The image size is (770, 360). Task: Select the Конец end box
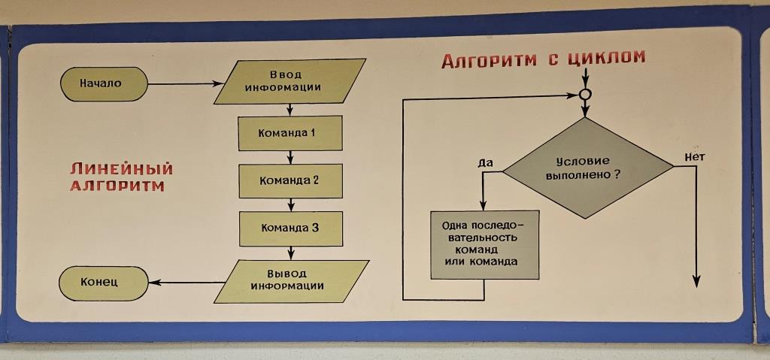click(104, 282)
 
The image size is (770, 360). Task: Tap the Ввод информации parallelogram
click(290, 81)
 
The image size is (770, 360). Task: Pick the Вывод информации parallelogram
click(291, 280)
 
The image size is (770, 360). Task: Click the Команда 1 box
click(290, 133)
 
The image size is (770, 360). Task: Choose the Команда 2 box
click(290, 180)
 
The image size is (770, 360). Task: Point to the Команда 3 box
click(290, 228)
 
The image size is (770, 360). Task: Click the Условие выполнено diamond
click(587, 168)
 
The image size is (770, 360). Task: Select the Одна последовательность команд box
click(484, 244)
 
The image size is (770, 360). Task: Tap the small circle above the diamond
click(585, 95)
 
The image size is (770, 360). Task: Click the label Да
click(485, 162)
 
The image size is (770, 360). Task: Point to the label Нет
click(694, 156)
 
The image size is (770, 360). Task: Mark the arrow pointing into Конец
click(188, 283)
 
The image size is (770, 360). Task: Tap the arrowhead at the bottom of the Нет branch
click(696, 280)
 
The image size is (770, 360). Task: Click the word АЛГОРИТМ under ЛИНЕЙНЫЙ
click(117, 185)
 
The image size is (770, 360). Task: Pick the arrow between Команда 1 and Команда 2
click(290, 157)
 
